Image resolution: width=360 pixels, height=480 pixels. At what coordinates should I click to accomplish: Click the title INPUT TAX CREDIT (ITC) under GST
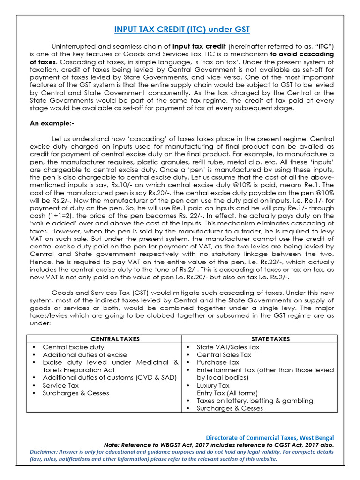click(182, 30)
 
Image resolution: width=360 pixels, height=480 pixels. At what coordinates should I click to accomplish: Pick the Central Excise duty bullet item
click(73, 347)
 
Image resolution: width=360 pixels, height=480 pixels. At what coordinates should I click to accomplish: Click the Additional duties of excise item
click(85, 355)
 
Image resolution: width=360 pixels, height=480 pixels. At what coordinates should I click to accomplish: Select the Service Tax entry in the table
click(60, 385)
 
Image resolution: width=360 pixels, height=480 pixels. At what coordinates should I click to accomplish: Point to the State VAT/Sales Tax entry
click(228, 347)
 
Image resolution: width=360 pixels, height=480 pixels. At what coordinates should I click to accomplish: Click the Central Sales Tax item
click(224, 355)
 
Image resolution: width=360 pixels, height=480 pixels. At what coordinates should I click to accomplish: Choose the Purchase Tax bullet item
click(218, 362)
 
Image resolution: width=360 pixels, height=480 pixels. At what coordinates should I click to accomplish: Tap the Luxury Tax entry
click(213, 385)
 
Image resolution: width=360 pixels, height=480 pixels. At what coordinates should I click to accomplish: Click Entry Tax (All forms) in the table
click(227, 393)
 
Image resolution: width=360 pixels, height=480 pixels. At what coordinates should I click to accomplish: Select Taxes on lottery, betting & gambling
click(255, 401)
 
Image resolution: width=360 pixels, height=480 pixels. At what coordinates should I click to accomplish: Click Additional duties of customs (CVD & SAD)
click(103, 378)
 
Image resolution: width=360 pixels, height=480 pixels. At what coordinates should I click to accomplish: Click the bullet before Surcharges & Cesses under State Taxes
click(188, 408)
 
